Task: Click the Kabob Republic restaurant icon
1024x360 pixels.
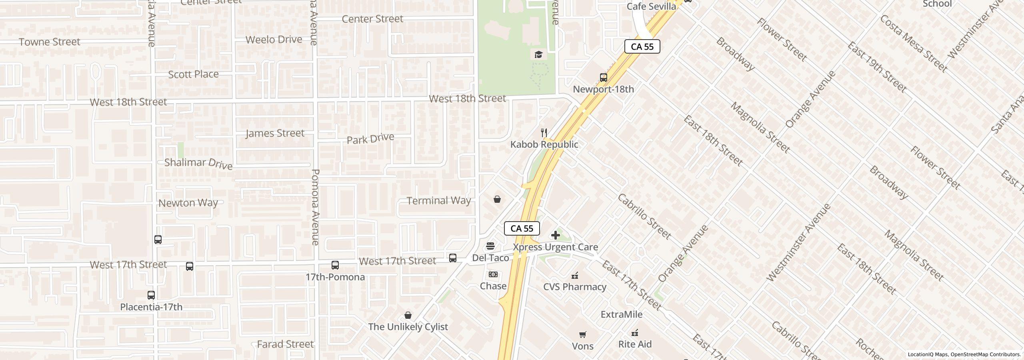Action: tap(544, 132)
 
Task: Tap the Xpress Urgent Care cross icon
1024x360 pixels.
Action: tap(556, 235)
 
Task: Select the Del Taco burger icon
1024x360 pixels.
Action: tap(490, 246)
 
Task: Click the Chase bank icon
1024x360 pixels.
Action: tap(493, 274)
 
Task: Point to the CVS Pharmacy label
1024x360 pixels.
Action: tap(575, 287)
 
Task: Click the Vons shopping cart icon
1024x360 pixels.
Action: tap(583, 334)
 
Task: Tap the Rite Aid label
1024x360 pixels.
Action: tap(635, 344)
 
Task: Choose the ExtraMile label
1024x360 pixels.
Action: tap(622, 314)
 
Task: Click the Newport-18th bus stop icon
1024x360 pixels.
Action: tap(604, 77)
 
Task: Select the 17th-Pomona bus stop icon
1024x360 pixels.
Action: tap(335, 265)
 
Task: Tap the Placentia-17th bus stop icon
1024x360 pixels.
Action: tap(151, 295)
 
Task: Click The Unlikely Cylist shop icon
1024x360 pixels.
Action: tap(408, 315)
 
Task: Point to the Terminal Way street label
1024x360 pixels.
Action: tap(438, 200)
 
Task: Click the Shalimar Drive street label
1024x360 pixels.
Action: tap(198, 163)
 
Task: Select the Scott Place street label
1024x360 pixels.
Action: tap(194, 74)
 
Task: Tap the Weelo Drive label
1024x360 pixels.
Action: tap(274, 40)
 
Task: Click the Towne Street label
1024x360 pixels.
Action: tap(50, 42)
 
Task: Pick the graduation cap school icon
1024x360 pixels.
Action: tap(538, 54)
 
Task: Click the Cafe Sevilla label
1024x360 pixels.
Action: tap(651, 6)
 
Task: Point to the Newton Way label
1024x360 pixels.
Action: tap(188, 203)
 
